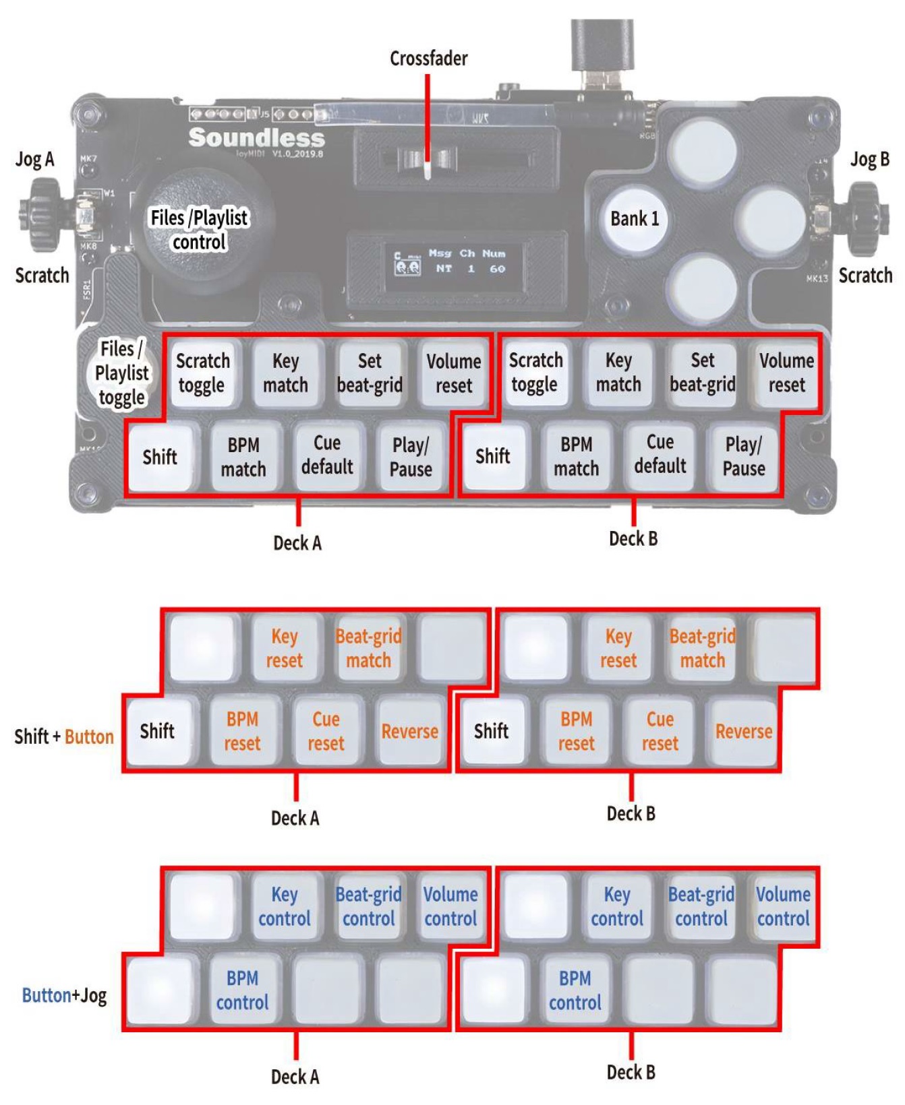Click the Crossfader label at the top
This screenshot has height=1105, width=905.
[x=428, y=59]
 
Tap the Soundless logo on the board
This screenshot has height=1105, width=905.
[x=256, y=137]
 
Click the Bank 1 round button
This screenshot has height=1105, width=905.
[x=634, y=219]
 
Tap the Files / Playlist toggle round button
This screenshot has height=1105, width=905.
[x=121, y=373]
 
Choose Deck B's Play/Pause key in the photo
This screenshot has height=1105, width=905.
[x=744, y=456]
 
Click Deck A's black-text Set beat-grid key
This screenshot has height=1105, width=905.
[x=370, y=373]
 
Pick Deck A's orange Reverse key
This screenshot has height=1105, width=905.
[x=410, y=731]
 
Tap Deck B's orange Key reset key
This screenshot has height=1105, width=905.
[x=618, y=648]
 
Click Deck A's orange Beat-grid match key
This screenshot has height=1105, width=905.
[x=368, y=648]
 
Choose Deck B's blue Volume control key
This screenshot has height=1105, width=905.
[x=783, y=906]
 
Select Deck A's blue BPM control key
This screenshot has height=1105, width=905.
[x=242, y=990]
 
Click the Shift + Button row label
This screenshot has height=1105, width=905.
[x=63, y=736]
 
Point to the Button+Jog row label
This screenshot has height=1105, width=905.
[x=64, y=995]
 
